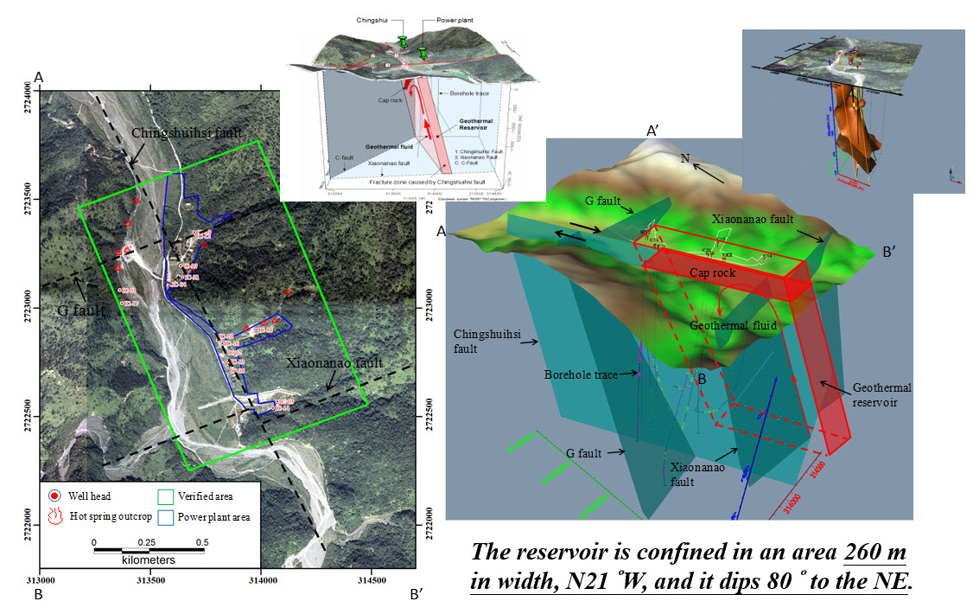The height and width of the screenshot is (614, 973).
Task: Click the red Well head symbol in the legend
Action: (x=54, y=496)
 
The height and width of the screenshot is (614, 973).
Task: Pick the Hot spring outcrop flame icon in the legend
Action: (x=54, y=517)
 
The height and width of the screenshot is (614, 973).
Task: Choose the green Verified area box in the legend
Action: (x=165, y=496)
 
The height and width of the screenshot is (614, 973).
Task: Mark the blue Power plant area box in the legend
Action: (x=165, y=518)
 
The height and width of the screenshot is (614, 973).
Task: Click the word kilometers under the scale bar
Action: (x=148, y=560)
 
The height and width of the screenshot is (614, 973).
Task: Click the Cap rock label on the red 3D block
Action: (x=712, y=272)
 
